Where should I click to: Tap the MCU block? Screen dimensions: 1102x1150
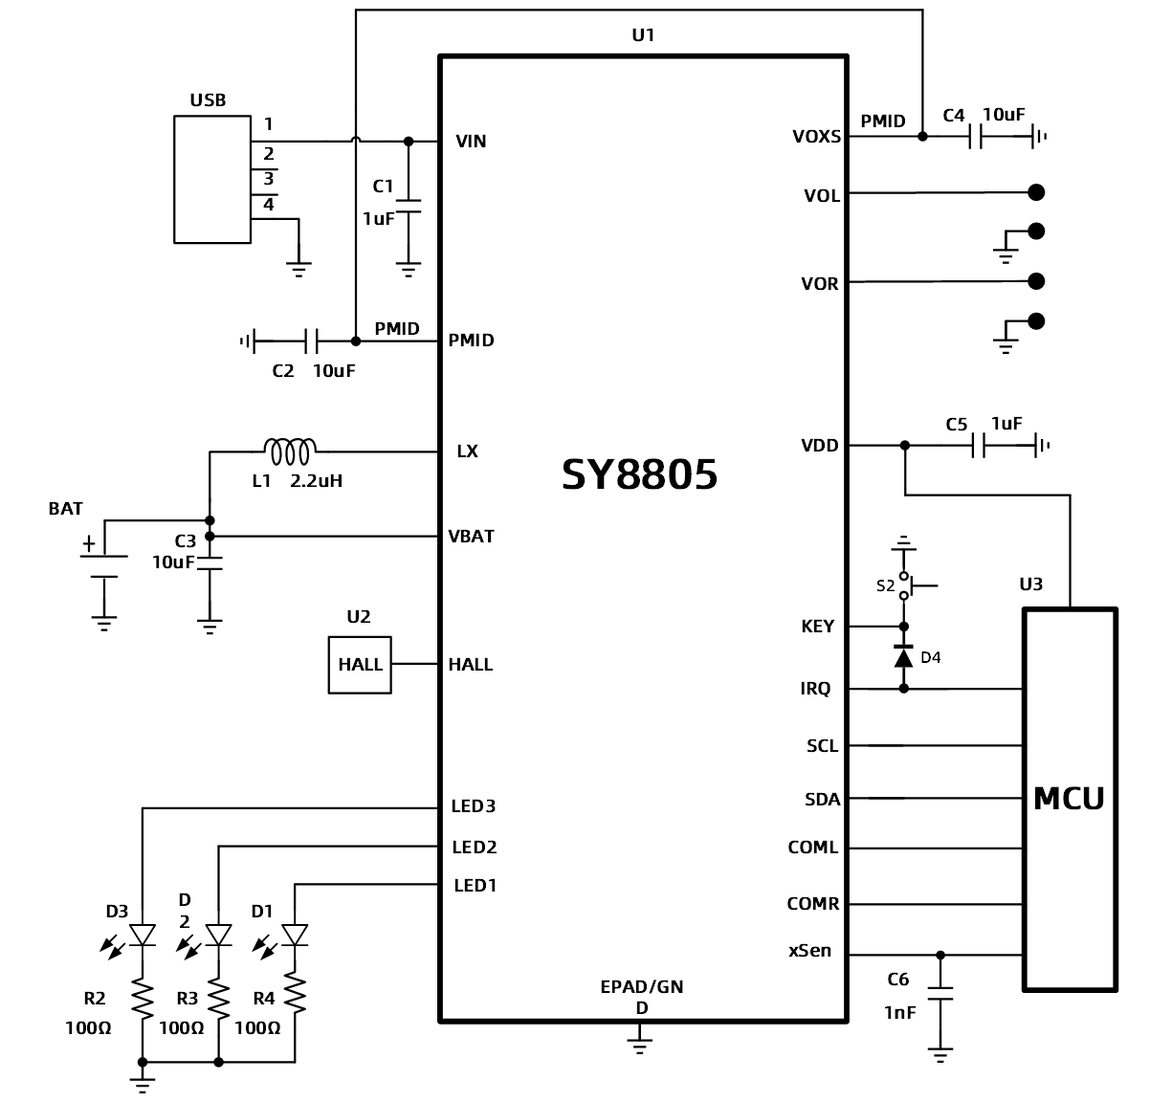(1070, 798)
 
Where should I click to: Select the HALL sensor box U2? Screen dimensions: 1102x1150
(360, 664)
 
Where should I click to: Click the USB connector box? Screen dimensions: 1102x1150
(212, 179)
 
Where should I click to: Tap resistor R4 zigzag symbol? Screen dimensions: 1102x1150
(295, 998)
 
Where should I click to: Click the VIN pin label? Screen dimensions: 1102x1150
(471, 142)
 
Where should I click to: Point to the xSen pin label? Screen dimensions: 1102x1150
(809, 952)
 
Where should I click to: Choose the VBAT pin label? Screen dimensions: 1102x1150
(471, 536)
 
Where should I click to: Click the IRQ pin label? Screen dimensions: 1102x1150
(815, 689)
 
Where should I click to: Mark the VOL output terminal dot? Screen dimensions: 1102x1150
(1035, 192)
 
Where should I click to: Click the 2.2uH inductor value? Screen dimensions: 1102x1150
(316, 481)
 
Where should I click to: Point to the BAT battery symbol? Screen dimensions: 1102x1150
(103, 566)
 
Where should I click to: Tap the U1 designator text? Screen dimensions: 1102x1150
(643, 35)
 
